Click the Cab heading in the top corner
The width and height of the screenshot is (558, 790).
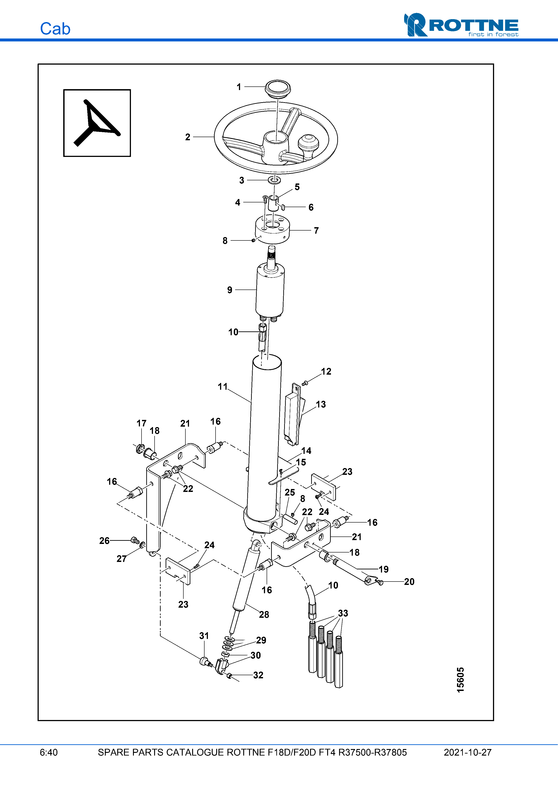coord(55,29)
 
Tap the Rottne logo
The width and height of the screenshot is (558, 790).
coord(461,25)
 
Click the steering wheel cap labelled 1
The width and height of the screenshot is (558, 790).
coord(277,89)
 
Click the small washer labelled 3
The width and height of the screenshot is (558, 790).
coord(274,180)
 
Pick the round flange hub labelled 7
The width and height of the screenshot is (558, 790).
coord(272,229)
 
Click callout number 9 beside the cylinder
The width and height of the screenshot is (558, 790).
coord(230,290)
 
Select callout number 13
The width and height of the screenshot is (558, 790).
coord(321,404)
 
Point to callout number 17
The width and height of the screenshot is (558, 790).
coord(141,423)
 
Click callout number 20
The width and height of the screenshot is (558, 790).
coord(409,582)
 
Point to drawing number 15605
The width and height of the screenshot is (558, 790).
coord(460,680)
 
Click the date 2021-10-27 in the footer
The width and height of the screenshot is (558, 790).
coord(468,752)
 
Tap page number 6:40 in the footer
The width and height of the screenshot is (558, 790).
coord(49,752)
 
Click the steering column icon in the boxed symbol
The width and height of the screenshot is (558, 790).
coord(97,123)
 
